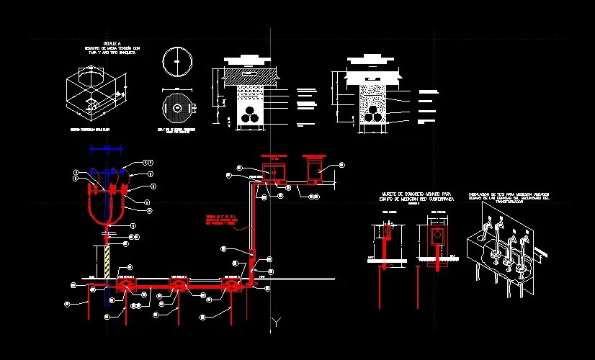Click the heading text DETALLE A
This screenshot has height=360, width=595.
[x=107, y=44]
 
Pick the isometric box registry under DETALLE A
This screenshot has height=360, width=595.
[x=94, y=94]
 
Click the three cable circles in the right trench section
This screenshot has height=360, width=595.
[x=374, y=116]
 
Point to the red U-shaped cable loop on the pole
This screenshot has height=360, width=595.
[x=105, y=209]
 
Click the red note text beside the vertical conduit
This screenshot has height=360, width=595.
[x=221, y=220]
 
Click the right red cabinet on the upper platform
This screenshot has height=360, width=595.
[x=315, y=171]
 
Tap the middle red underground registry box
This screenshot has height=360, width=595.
[x=178, y=283]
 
